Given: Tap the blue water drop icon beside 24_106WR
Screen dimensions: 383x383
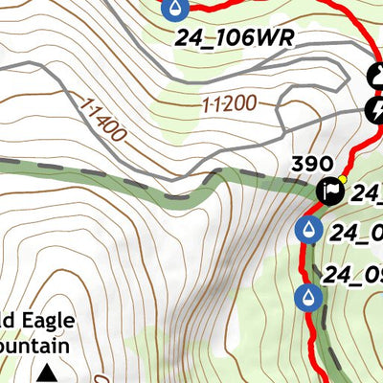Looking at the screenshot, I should click(175, 10).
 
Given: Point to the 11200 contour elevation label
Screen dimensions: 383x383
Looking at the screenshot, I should click(228, 102).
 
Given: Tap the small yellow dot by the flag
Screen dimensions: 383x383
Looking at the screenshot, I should click(343, 179).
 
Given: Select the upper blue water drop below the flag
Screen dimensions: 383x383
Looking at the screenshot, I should click(308, 230).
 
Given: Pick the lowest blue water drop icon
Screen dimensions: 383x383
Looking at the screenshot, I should click(307, 298).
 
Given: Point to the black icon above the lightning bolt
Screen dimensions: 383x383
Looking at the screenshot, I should click(376, 75).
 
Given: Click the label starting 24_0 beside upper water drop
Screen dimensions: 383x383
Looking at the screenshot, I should click(356, 232).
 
